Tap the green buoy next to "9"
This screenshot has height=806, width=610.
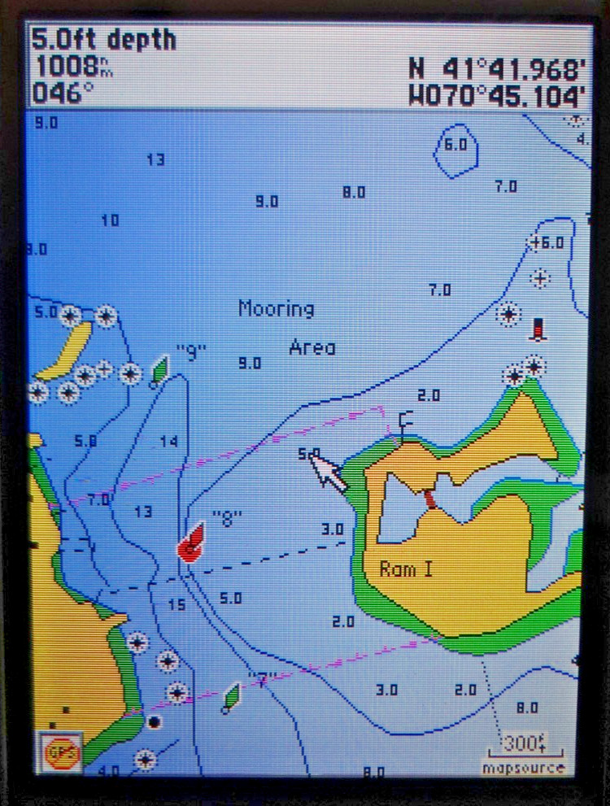pyautogui.click(x=160, y=371)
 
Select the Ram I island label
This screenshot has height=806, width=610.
pyautogui.click(x=406, y=569)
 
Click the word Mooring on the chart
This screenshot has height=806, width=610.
pyautogui.click(x=276, y=309)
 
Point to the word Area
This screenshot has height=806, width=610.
pyautogui.click(x=312, y=347)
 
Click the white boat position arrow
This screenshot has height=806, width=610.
pyautogui.click(x=328, y=472)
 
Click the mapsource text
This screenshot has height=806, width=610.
pyautogui.click(x=522, y=767)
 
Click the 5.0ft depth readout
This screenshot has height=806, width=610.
pyautogui.click(x=104, y=40)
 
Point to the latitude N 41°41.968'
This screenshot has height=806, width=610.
pyautogui.click(x=497, y=68)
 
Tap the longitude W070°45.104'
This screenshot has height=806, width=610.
pyautogui.click(x=497, y=96)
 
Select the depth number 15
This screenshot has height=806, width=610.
pyautogui.click(x=176, y=604)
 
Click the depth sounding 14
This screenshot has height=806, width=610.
pyautogui.click(x=168, y=442)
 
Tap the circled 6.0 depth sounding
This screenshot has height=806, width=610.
pyautogui.click(x=455, y=145)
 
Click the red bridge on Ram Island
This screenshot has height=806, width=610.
pyautogui.click(x=429, y=497)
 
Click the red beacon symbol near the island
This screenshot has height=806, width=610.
pyautogui.click(x=537, y=329)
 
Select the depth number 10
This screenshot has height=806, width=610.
pyautogui.click(x=110, y=220)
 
